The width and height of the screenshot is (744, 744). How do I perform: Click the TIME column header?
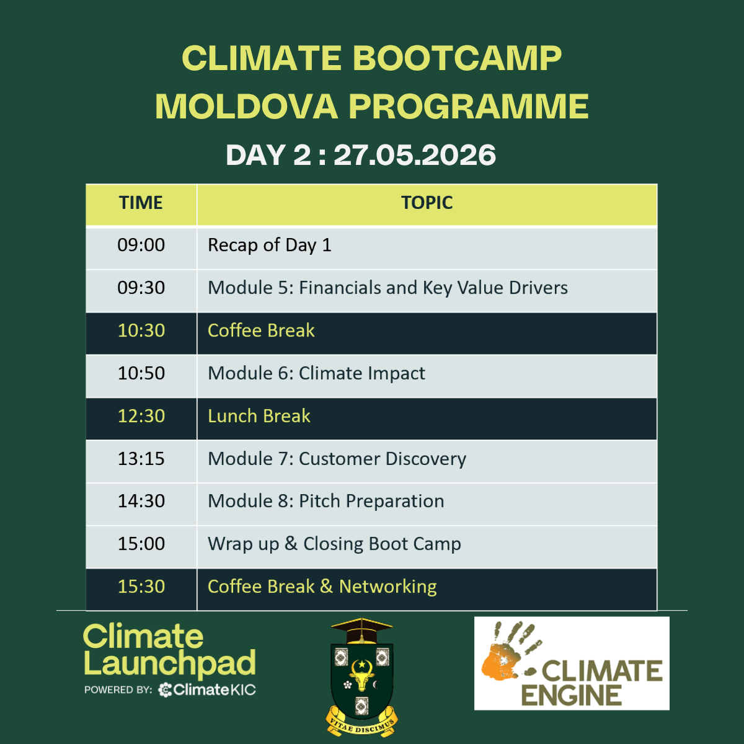pos(141,203)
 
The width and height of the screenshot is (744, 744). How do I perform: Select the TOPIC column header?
pos(427,203)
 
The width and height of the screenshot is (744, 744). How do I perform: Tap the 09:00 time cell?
pos(141,245)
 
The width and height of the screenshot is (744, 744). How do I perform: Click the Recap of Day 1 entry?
pos(270,246)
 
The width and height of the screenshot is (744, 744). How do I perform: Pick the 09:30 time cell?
pos(141,288)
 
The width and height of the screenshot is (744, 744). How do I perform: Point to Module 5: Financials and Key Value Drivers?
pos(387,288)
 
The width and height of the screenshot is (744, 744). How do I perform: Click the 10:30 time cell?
pos(141,331)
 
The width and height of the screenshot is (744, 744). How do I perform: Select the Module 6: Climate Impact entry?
pos(316,374)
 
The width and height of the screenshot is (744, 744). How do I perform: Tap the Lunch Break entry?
pos(259,416)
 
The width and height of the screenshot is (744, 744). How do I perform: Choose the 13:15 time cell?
pos(141,459)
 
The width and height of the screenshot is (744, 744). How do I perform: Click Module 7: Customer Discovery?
pos(337,459)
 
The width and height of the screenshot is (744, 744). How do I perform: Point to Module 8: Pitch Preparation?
pos(326,502)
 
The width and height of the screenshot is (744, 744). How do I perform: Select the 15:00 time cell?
pos(141,544)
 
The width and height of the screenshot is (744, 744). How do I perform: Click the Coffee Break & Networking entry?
pos(322,587)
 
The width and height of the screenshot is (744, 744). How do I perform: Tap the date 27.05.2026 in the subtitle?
pos(415,155)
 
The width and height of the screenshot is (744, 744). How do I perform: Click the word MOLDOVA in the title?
pos(247,107)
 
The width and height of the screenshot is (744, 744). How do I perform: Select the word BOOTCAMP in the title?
pos(457,58)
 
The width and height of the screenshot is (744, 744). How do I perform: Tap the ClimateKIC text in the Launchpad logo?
pos(207,689)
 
